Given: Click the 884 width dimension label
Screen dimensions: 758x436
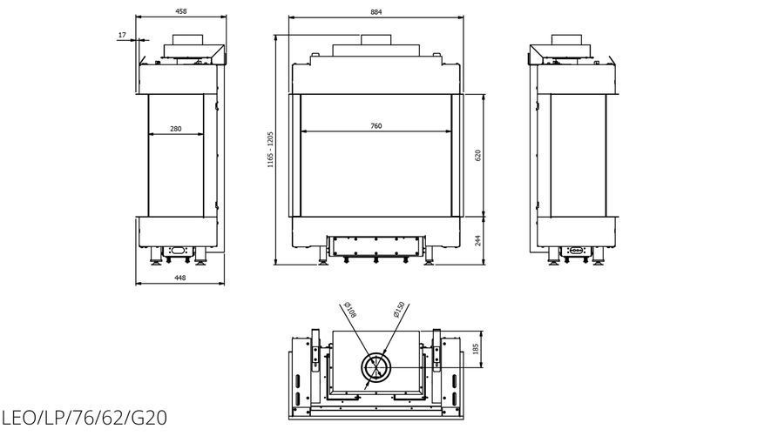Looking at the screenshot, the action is click(x=376, y=11).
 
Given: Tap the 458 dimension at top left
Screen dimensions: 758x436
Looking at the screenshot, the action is click(x=180, y=10).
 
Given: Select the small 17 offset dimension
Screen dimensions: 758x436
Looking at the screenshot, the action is click(x=122, y=35).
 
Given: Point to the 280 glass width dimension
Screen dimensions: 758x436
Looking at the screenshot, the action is click(x=176, y=129).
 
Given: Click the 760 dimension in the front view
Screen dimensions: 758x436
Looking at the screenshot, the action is click(x=376, y=126).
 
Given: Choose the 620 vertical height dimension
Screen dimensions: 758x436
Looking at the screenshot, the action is click(x=478, y=156).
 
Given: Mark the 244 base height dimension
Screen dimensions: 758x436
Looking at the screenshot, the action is click(x=478, y=240).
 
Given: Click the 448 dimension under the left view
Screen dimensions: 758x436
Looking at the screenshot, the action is click(x=179, y=278).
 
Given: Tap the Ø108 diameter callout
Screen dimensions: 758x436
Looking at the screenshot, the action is click(x=349, y=310).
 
